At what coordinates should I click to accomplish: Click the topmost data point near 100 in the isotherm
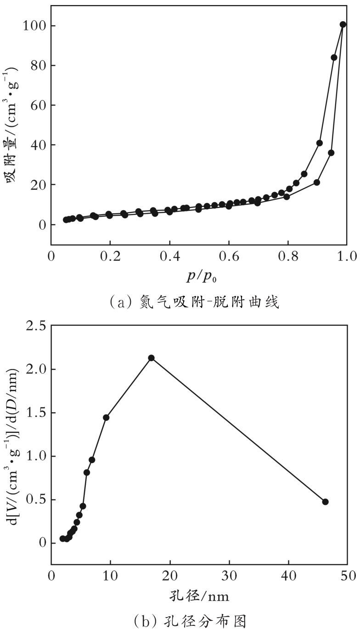(x=343, y=24)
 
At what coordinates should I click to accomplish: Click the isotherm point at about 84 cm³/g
(x=334, y=57)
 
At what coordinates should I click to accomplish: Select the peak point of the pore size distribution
(x=151, y=358)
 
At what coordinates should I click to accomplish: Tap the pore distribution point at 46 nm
(x=325, y=501)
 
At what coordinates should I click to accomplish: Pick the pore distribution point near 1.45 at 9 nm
(x=106, y=418)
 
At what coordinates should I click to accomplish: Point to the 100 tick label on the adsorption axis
(x=34, y=26)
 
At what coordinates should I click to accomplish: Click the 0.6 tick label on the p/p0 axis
(x=228, y=256)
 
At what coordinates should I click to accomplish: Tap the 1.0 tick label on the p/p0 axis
(x=346, y=256)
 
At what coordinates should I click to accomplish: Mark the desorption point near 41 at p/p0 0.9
(x=319, y=143)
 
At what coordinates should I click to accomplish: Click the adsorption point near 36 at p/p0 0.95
(x=331, y=153)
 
